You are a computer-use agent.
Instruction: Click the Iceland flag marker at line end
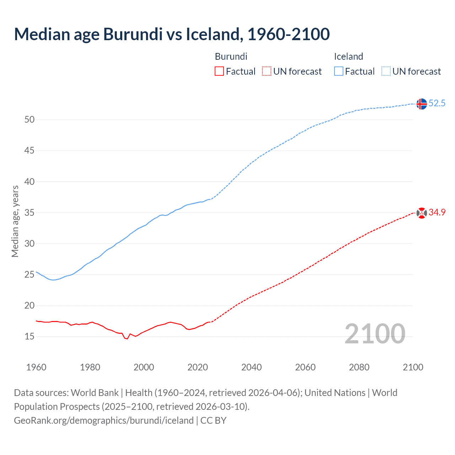point(422,104)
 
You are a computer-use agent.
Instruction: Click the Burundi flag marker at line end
point(422,213)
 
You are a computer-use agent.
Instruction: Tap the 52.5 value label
point(437,103)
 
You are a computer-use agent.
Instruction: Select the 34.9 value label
point(437,213)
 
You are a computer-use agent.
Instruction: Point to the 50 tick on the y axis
point(30,120)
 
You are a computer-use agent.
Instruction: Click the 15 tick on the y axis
point(30,336)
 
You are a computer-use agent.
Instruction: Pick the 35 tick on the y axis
point(30,213)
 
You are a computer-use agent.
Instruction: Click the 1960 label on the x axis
point(36,367)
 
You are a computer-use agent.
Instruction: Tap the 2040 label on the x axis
point(251,367)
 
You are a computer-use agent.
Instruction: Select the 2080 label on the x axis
point(359,367)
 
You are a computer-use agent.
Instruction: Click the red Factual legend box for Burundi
point(219,71)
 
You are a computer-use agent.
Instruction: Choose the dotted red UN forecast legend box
point(267,71)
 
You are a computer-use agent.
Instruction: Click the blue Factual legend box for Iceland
point(338,71)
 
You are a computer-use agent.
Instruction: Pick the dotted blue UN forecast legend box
point(386,71)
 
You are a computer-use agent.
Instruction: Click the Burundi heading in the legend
point(231,57)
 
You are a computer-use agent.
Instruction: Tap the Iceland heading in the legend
point(348,57)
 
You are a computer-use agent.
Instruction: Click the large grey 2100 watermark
point(375,334)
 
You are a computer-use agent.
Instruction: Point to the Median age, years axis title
point(15,221)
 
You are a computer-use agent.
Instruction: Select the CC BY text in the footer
point(213,421)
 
